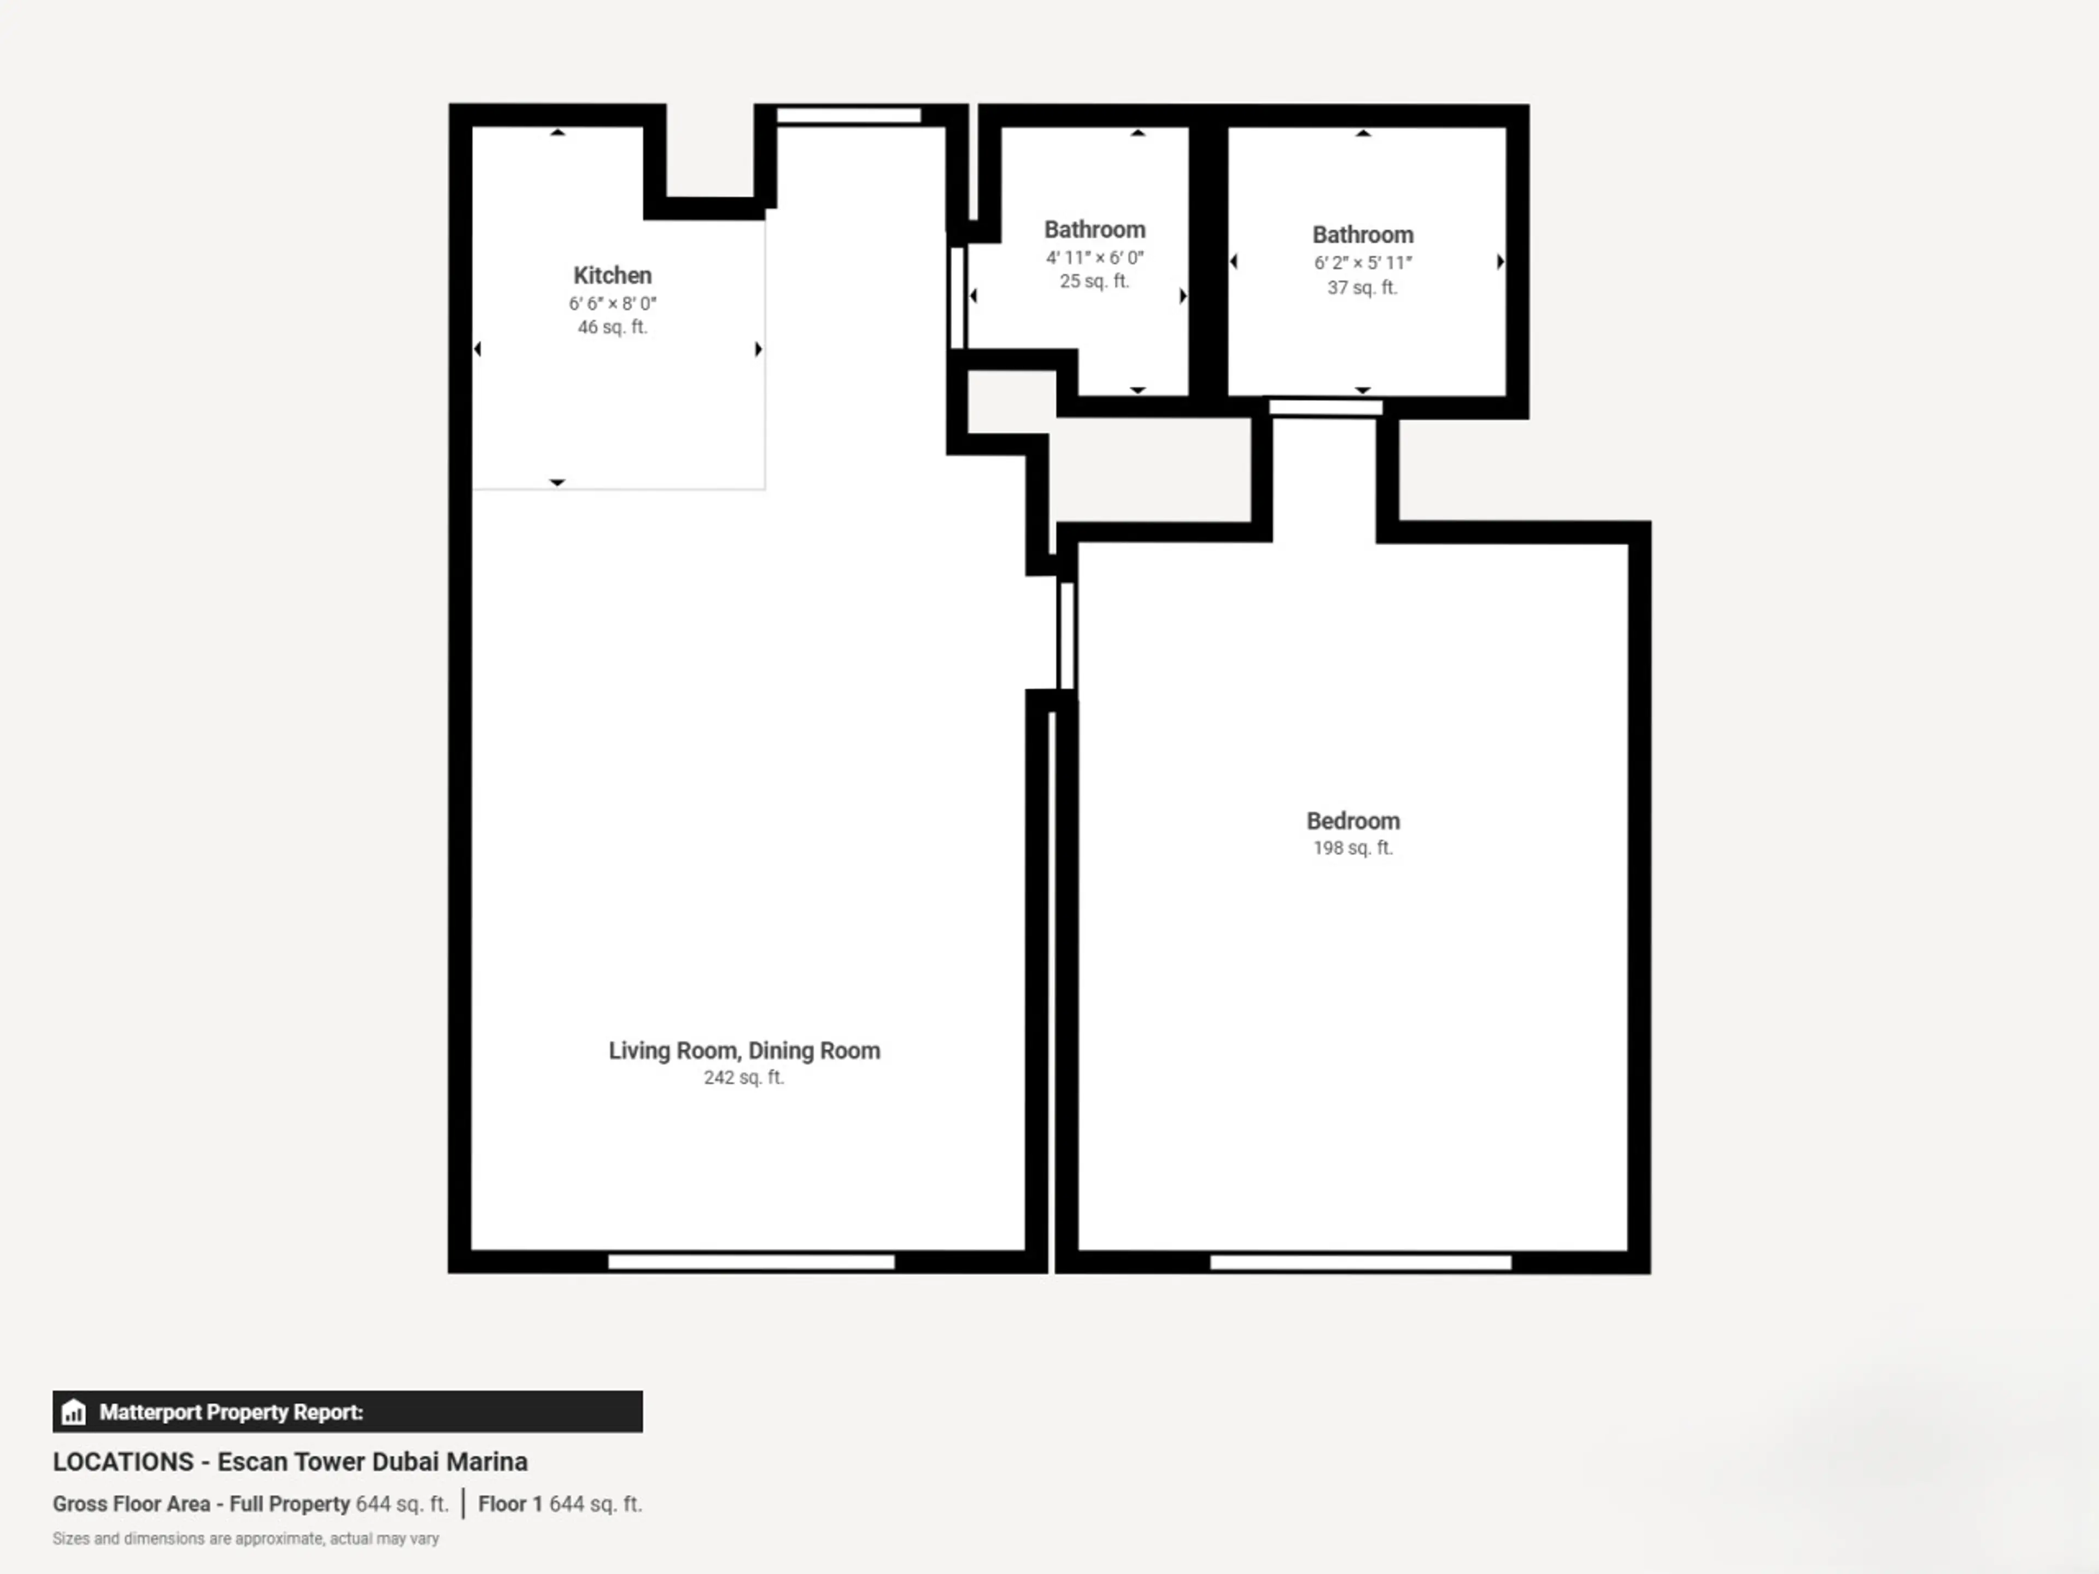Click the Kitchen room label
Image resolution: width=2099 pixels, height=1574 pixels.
(612, 275)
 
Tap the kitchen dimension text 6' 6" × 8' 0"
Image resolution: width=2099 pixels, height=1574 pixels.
(612, 304)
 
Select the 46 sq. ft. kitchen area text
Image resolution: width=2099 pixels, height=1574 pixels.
(612, 327)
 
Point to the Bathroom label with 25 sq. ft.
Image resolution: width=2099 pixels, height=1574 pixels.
(1094, 230)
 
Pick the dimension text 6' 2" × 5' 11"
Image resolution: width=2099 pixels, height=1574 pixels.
(1363, 263)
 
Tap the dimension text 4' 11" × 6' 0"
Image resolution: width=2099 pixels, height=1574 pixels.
(1094, 257)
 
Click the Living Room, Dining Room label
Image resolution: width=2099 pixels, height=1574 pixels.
(744, 1050)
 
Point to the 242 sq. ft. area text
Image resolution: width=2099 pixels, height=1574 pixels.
(744, 1078)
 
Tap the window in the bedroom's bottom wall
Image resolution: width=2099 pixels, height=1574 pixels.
(1361, 1262)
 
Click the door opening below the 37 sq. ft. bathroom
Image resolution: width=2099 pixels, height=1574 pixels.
(1326, 407)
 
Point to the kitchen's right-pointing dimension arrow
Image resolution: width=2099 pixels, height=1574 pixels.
(758, 349)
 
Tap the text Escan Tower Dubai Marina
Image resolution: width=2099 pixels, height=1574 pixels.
(372, 1462)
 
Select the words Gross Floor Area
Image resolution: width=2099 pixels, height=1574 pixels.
(131, 1504)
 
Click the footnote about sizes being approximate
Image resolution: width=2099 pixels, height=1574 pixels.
(246, 1539)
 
